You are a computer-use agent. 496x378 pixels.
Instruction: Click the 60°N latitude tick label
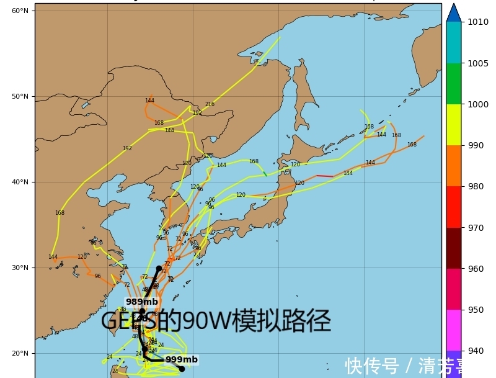(20, 11)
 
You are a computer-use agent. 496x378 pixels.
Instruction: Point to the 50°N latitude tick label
(20, 96)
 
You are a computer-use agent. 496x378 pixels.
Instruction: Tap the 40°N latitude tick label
(20, 182)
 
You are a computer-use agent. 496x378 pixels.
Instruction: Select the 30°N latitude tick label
(20, 268)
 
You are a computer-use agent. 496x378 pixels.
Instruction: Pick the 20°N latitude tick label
(20, 353)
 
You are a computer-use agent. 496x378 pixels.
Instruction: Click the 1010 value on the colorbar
(477, 22)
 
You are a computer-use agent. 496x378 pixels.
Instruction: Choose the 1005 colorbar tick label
(477, 63)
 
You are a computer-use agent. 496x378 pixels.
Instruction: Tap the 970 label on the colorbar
(476, 228)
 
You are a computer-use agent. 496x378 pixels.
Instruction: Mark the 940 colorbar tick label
(476, 351)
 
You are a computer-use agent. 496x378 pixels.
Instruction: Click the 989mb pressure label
(141, 302)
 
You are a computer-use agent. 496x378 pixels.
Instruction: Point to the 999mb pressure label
(182, 359)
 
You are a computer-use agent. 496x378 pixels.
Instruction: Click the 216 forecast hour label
(210, 104)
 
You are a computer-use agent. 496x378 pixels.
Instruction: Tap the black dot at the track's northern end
(159, 268)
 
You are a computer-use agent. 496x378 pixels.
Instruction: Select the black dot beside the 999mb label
(182, 369)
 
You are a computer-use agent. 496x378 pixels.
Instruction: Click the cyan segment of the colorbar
(454, 42)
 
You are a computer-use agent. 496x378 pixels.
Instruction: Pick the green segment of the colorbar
(454, 84)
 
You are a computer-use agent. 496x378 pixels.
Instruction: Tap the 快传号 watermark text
(372, 366)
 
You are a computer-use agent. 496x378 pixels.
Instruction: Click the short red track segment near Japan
(325, 176)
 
